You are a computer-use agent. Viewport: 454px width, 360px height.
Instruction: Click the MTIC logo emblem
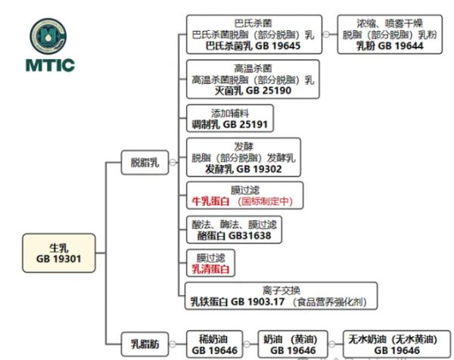[52, 36]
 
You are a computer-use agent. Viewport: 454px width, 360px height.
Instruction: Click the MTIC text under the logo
[52, 65]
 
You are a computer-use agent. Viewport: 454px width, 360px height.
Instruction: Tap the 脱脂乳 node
[145, 161]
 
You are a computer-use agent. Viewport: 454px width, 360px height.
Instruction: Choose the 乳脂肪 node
[145, 345]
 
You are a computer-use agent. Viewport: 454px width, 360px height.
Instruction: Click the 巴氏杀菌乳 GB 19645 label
[253, 46]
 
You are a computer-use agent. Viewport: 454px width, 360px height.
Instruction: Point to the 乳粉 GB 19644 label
[390, 46]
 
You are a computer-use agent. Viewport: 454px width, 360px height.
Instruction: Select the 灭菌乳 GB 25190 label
[253, 90]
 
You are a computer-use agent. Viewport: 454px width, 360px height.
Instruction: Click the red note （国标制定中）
[268, 202]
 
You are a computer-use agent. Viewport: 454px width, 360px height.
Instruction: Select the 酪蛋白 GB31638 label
[232, 236]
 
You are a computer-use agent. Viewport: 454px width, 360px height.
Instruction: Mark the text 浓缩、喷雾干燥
[390, 23]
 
